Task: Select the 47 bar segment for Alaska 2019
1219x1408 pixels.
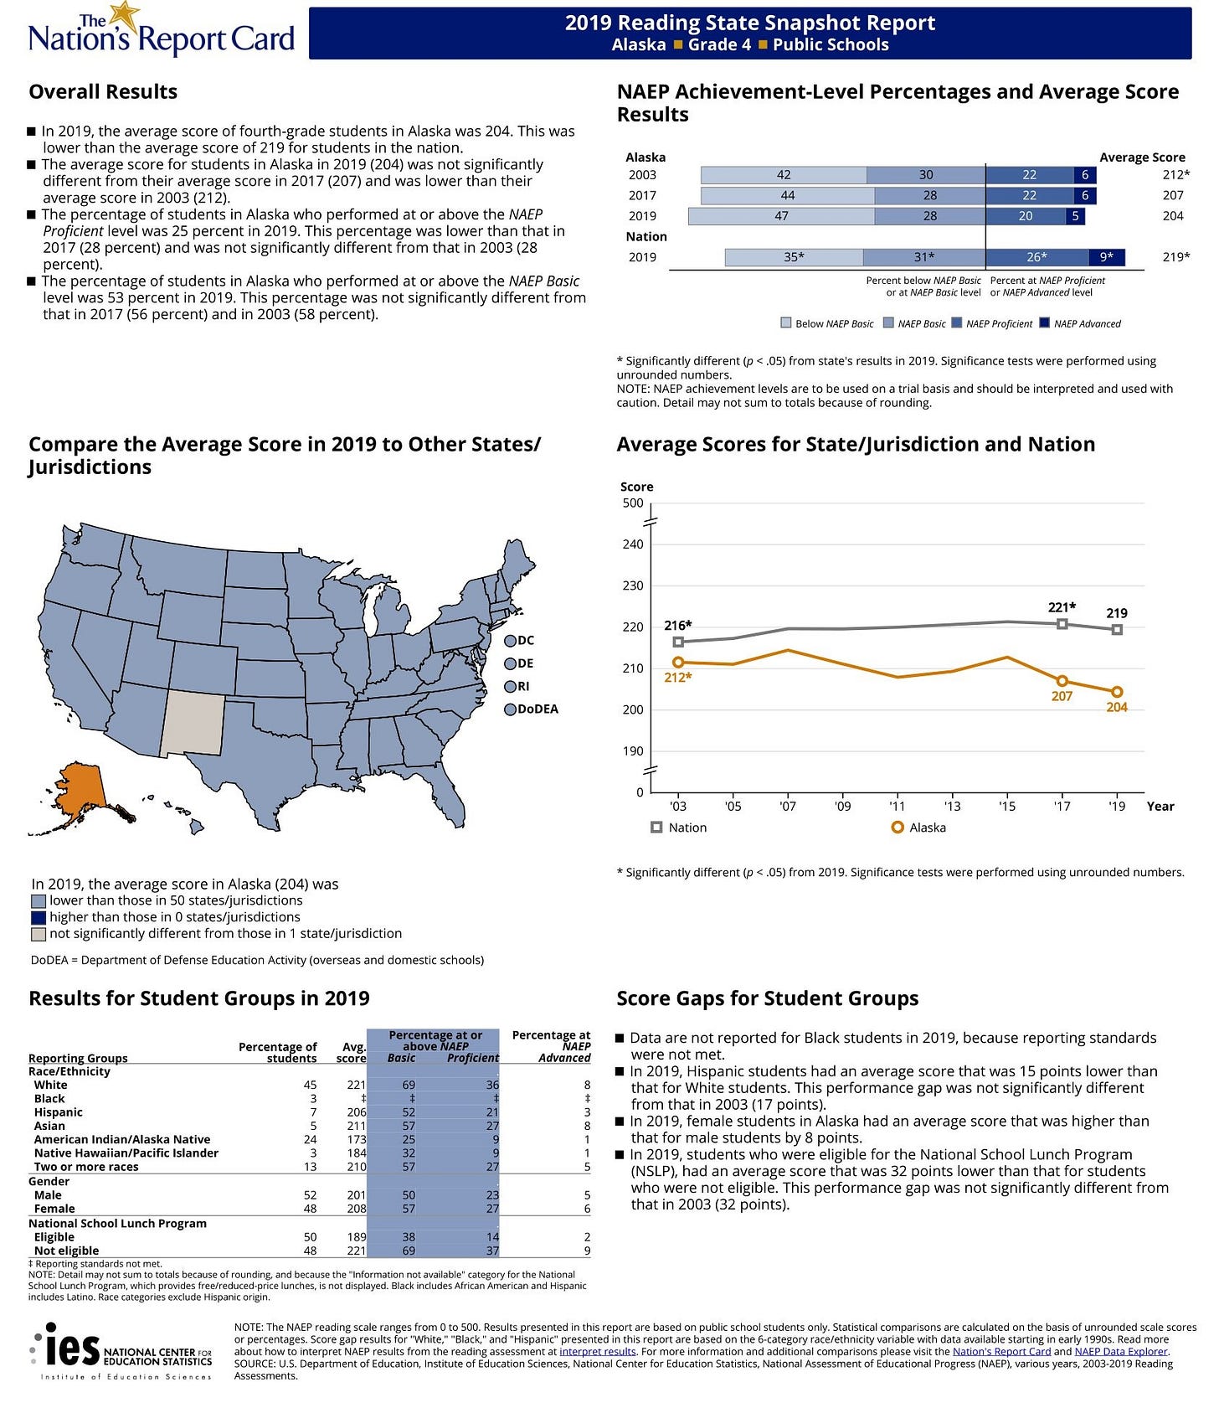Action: [780, 216]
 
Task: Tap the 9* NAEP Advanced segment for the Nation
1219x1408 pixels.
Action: [1106, 257]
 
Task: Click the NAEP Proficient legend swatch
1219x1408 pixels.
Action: [956, 323]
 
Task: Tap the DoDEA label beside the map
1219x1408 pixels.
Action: [537, 709]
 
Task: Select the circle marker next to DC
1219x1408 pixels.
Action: [510, 641]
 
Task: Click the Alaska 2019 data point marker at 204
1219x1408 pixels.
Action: [1116, 692]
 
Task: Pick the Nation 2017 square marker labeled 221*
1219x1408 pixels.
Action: [1062, 624]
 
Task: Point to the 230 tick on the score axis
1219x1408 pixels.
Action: [633, 586]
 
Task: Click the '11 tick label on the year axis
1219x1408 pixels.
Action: [897, 807]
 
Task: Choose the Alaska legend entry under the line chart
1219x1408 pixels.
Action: [919, 828]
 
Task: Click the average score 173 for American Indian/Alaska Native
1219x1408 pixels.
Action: [357, 1140]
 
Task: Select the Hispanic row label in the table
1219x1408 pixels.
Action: [58, 1112]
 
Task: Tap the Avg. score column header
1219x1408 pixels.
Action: [352, 1052]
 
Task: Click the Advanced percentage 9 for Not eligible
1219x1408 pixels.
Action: [587, 1251]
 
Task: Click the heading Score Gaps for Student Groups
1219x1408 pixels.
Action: [767, 998]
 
